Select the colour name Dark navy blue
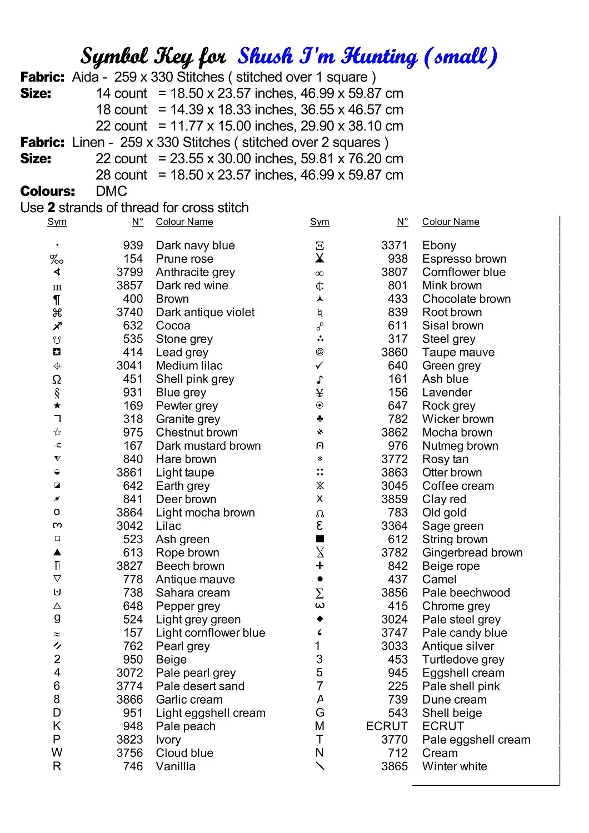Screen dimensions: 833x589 point(195,245)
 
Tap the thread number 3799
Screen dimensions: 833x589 point(129,272)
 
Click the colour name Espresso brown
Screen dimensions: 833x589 point(464,259)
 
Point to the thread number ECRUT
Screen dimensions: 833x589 point(386,726)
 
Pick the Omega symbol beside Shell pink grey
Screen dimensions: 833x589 point(57,379)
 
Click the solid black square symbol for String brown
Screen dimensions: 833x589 point(320,539)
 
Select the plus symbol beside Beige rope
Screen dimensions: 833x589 point(320,565)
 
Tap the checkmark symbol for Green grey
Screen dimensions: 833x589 point(320,365)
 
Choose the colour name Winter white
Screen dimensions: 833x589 point(455,766)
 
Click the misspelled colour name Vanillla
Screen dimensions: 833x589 point(176,766)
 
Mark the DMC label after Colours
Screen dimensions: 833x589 point(111,192)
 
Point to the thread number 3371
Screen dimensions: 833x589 point(395,245)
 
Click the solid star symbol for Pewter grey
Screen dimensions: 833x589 point(57,406)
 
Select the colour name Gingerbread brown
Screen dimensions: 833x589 point(472,553)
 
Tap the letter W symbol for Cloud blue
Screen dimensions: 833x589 point(57,753)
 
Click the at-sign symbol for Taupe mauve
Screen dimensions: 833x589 point(320,352)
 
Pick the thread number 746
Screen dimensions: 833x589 point(133,766)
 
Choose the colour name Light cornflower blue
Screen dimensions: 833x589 point(210,633)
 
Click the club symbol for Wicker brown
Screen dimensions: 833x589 point(320,419)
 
